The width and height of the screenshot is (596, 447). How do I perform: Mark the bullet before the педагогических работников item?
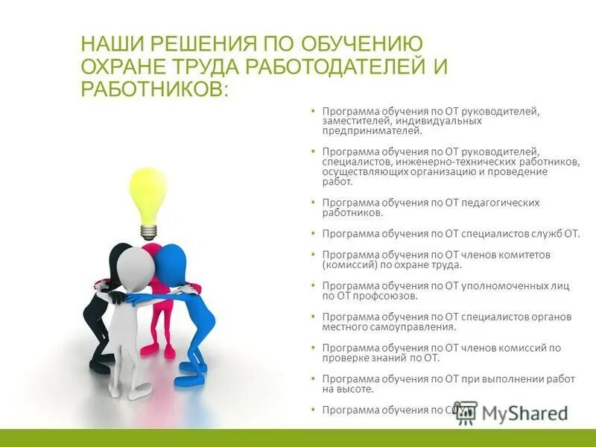(314, 203)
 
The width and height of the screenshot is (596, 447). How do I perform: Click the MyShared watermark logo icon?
(466, 412)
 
